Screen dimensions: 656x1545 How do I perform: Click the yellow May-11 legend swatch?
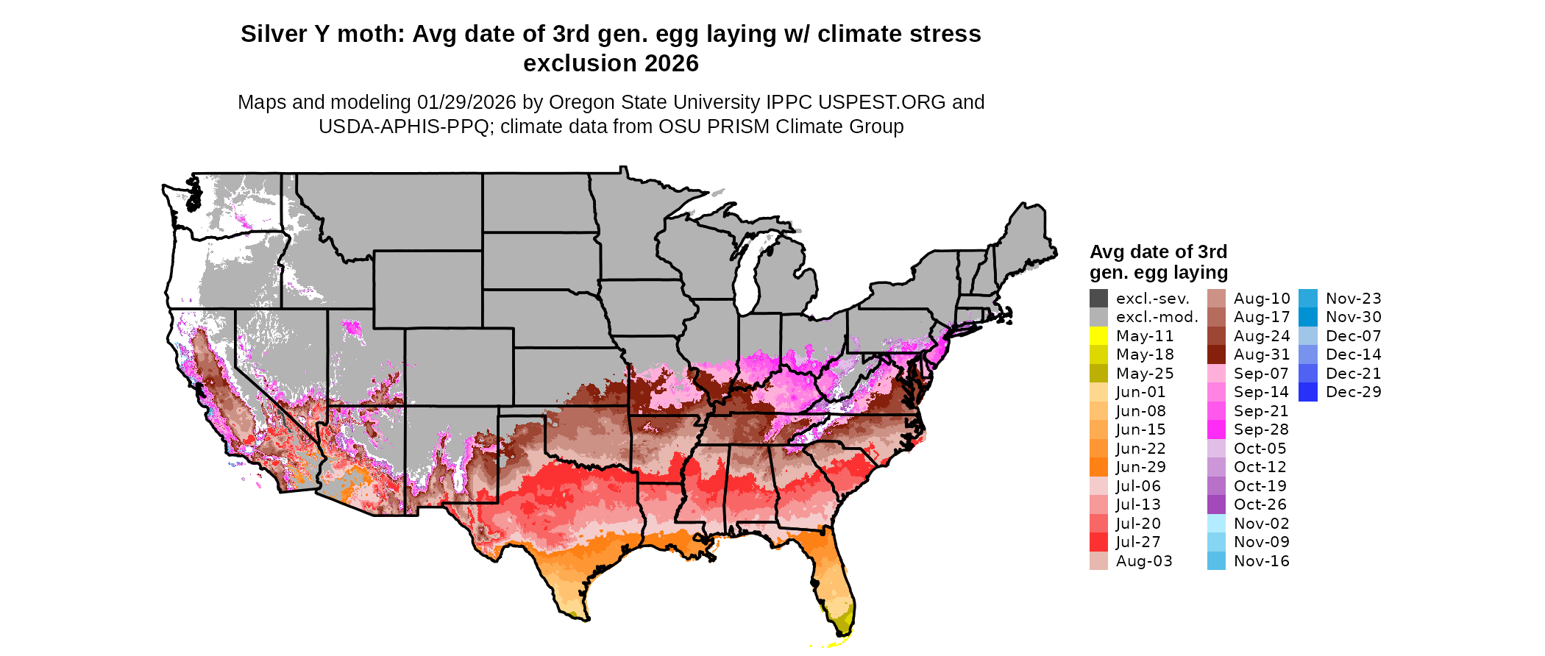pos(1098,336)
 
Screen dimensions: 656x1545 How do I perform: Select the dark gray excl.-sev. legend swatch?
pos(1098,299)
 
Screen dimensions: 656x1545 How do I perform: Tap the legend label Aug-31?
pos(1262,354)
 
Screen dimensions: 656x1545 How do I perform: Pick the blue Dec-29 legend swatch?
pos(1308,392)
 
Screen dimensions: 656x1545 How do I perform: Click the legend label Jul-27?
pos(1138,542)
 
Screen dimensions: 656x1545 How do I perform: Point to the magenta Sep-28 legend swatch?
pos(1216,429)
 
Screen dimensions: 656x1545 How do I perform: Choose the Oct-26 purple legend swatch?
pos(1216,505)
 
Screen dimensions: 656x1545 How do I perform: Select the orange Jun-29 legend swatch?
pos(1098,467)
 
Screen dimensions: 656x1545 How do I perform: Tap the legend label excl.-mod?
pos(1157,317)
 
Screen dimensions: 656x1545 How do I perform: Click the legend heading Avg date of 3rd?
pos(1158,252)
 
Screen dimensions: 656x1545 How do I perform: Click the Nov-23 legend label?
pos(1354,299)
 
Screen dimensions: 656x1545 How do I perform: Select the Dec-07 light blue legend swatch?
pos(1308,336)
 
